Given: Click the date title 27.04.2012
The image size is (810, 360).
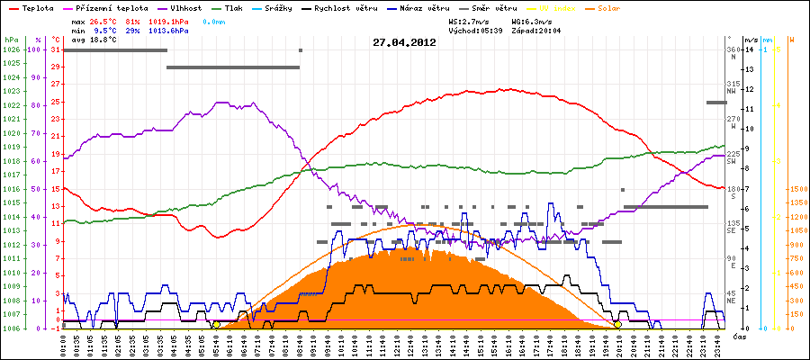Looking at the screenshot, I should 404,42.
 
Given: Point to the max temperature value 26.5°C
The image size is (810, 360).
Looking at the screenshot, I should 104,20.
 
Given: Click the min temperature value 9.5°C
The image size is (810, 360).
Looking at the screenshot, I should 104,30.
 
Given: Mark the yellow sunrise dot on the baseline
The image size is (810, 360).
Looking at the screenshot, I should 216,324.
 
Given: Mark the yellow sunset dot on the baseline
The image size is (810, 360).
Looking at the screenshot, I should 617,324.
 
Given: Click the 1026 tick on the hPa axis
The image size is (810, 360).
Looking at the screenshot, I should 11,49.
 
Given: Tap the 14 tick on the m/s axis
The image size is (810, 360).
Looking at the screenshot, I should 750,49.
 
